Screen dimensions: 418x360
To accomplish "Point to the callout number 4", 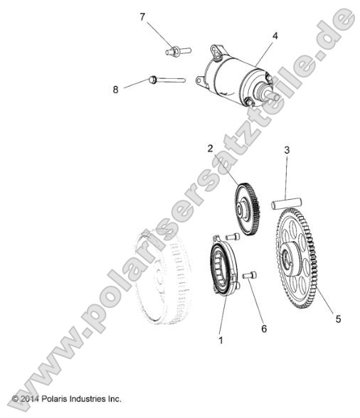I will (274, 34).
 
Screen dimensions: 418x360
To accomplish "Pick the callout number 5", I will (338, 319).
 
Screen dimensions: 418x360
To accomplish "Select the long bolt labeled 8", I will (166, 80).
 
